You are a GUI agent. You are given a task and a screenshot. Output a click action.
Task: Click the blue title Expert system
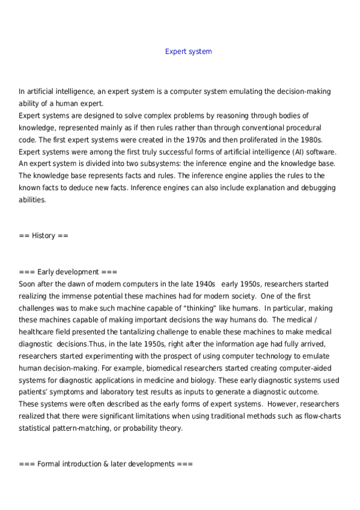[x=188, y=52]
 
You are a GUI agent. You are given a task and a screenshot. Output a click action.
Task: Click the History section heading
[x=43, y=236]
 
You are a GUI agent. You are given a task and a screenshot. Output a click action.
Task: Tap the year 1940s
[x=204, y=284]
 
